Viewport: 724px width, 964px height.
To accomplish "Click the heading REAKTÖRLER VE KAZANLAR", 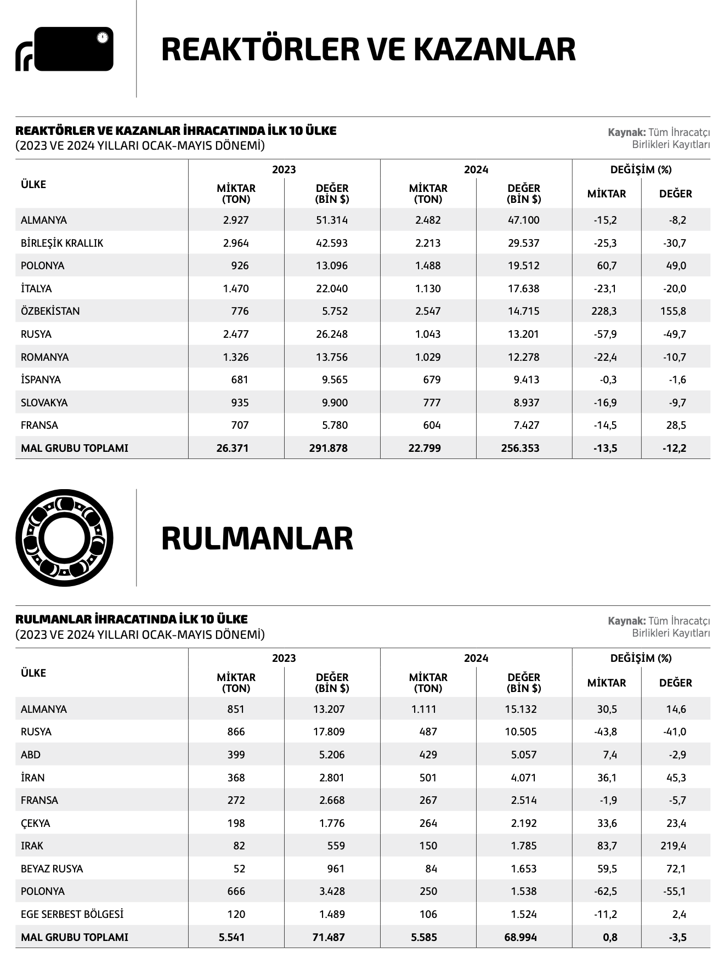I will pyautogui.click(x=368, y=49).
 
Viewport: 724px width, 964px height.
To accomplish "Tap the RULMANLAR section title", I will pyautogui.click(x=257, y=538).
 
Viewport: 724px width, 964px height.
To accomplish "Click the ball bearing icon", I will pyautogui.click(x=64, y=538).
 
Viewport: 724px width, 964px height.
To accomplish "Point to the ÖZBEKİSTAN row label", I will pyautogui.click(x=50, y=311).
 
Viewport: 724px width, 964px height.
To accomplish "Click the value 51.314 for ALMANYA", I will pyautogui.click(x=331, y=220).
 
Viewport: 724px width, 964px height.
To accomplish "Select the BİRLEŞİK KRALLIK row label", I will pyautogui.click(x=62, y=243).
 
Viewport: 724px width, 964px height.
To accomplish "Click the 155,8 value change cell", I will pyautogui.click(x=673, y=311).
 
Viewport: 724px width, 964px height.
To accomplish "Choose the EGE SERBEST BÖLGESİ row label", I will pyautogui.click(x=72, y=915).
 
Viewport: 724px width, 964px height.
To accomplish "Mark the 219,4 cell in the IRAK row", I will pyautogui.click(x=673, y=846).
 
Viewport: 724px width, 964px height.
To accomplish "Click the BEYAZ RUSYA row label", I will pyautogui.click(x=52, y=869).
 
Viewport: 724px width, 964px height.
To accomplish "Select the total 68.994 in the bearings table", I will pyautogui.click(x=521, y=938).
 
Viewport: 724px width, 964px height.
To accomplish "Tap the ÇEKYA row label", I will pyautogui.click(x=36, y=824).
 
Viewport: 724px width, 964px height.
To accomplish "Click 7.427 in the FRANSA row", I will pyautogui.click(x=523, y=426).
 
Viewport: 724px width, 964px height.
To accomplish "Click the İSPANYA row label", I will pyautogui.click(x=41, y=380).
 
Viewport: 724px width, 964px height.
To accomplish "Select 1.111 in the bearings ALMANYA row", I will pyautogui.click(x=424, y=710).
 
